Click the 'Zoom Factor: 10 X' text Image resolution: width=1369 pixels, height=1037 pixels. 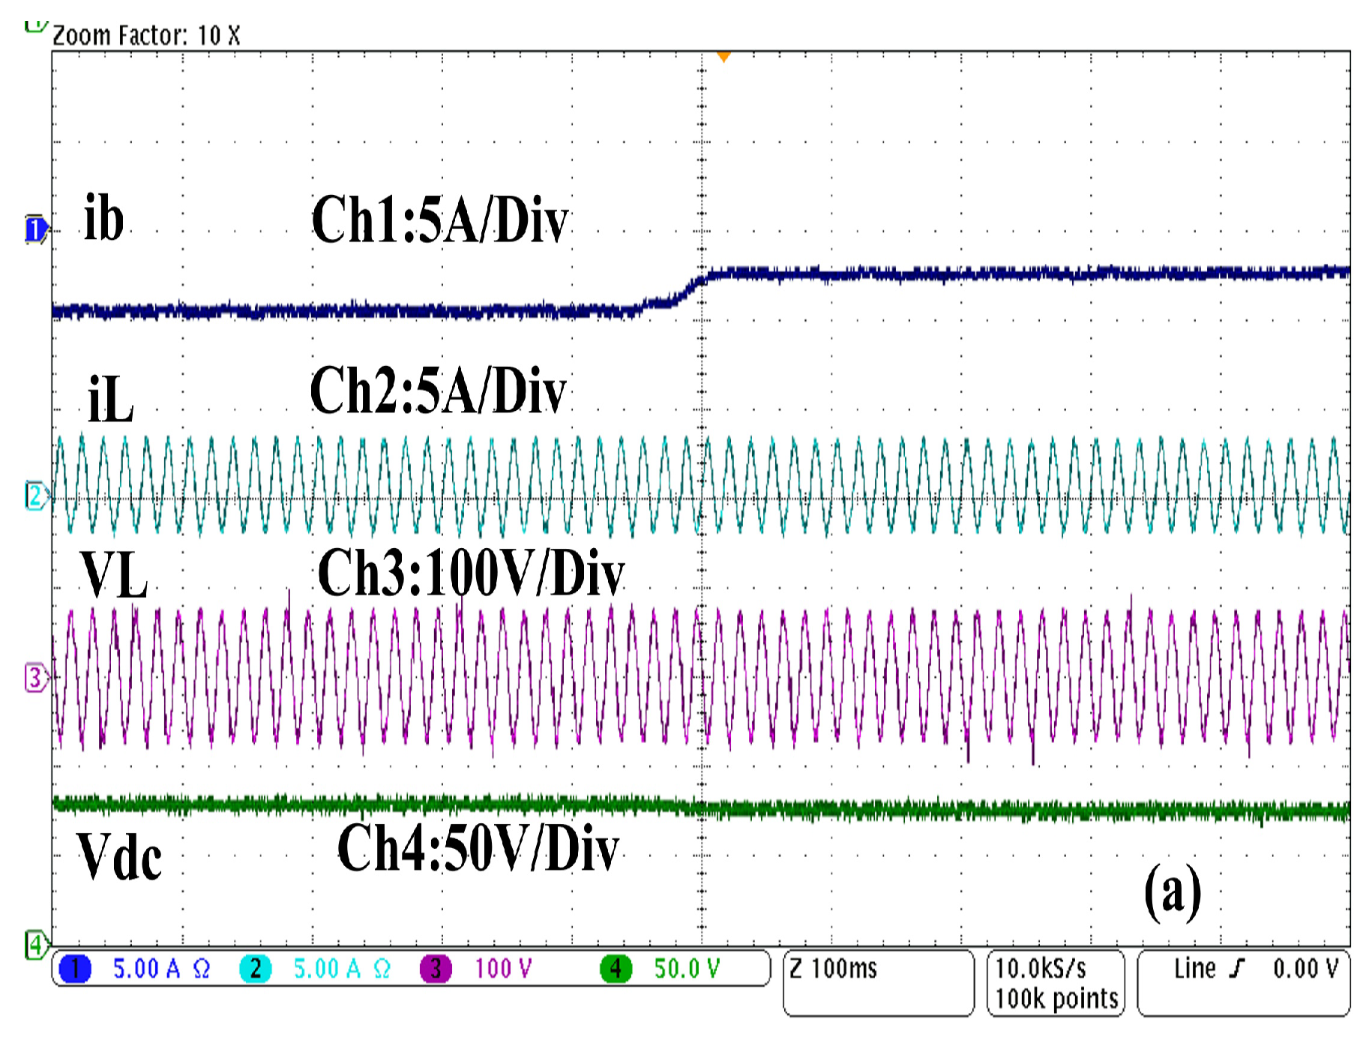[x=146, y=35]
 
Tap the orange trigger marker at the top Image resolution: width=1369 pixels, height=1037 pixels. [x=723, y=56]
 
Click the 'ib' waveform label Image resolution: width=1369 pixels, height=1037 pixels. [x=103, y=218]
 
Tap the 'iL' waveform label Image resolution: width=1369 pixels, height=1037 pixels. [x=110, y=399]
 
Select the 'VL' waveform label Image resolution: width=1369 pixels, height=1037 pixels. [x=114, y=575]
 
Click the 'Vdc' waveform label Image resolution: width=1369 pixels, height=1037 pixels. [x=119, y=856]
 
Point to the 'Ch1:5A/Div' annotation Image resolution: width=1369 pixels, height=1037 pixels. [x=440, y=220]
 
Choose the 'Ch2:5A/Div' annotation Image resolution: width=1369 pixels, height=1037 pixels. [x=439, y=391]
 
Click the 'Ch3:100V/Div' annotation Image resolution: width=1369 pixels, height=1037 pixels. [x=471, y=573]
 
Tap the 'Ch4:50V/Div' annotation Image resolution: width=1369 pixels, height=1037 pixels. [x=478, y=849]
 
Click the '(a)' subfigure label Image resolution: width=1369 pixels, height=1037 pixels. [x=1173, y=891]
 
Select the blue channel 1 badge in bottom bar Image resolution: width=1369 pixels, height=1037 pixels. [x=75, y=969]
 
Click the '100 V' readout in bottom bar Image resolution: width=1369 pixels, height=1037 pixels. [x=503, y=969]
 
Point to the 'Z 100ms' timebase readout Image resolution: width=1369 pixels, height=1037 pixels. [x=833, y=969]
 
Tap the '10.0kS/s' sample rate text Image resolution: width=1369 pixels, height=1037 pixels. [x=1041, y=969]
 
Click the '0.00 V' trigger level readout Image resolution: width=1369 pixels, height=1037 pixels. [x=1305, y=969]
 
